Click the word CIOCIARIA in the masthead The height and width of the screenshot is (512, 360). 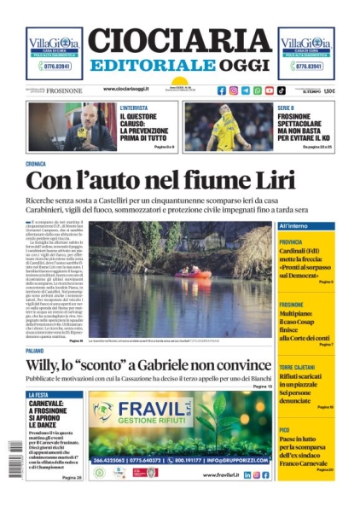coord(179,41)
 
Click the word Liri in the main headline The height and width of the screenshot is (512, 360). coord(275,181)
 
